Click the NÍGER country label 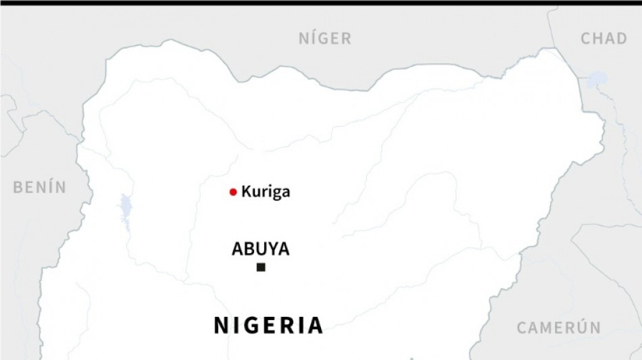[x=325, y=38]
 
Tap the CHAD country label [x=603, y=38]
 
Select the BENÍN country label [x=40, y=187]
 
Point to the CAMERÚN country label [x=559, y=328]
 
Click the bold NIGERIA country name [x=269, y=326]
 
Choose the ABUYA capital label [x=260, y=249]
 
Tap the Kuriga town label [x=266, y=192]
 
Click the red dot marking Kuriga [x=233, y=192]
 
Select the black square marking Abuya [x=261, y=268]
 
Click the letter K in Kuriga [x=246, y=192]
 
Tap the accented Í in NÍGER [x=312, y=38]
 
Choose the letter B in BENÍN [x=18, y=187]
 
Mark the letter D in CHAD [x=621, y=38]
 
